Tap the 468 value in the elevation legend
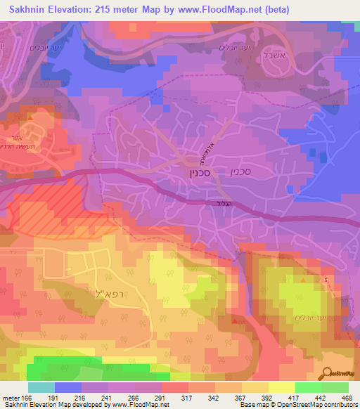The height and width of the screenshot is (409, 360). point(347,397)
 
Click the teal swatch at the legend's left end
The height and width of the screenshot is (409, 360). point(41,387)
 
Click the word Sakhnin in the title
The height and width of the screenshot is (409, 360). point(30,10)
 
